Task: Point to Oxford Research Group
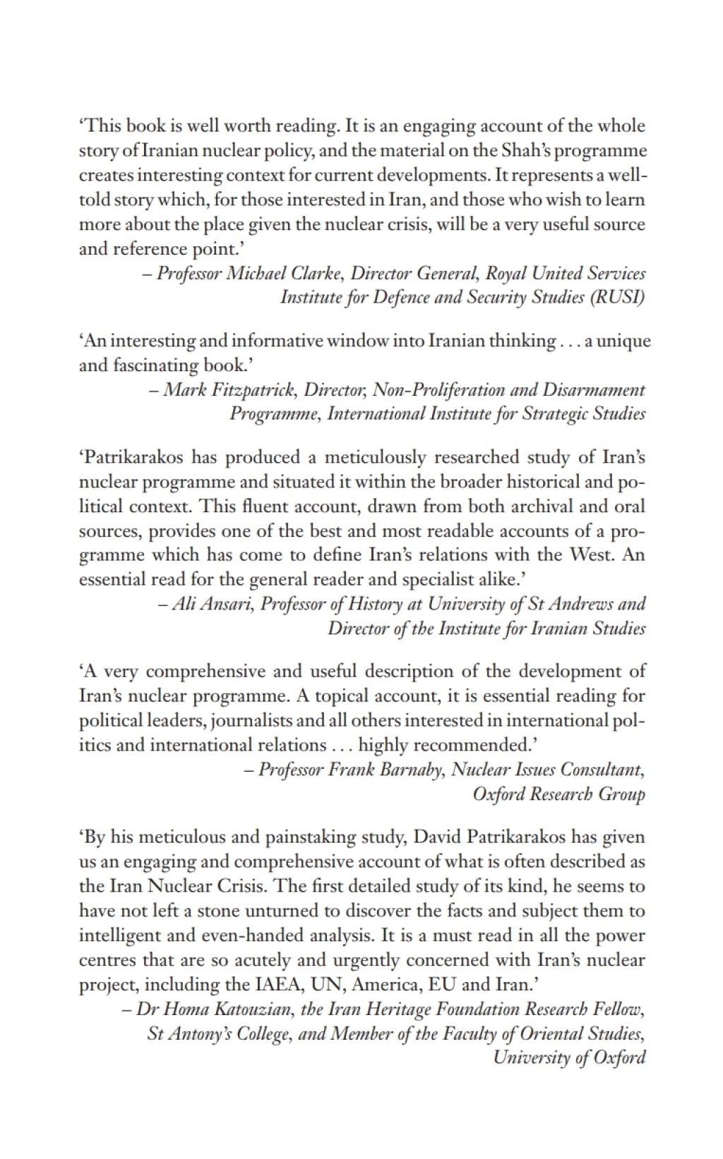click(558, 794)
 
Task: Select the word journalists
click(251, 720)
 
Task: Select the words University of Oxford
click(569, 1057)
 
